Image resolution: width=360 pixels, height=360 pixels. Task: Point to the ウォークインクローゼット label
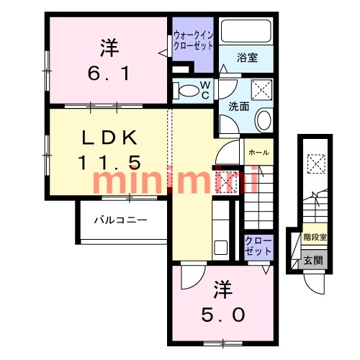click(x=193, y=40)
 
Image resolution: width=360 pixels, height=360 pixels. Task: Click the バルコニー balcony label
click(x=120, y=220)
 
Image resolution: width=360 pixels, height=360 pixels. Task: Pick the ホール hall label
click(x=258, y=153)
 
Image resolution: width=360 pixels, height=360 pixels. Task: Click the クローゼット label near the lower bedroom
click(x=258, y=246)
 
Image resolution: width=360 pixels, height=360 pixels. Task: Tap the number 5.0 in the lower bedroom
click(x=223, y=315)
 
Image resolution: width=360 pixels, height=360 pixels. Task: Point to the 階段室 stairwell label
click(x=314, y=236)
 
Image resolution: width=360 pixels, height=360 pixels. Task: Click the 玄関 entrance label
click(x=312, y=261)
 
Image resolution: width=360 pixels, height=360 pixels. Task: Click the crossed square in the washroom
click(x=260, y=90)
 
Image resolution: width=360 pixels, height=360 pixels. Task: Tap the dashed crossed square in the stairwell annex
click(x=314, y=164)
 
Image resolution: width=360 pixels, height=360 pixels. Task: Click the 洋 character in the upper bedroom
click(x=109, y=48)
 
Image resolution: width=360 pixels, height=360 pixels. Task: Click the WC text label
click(x=205, y=91)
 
